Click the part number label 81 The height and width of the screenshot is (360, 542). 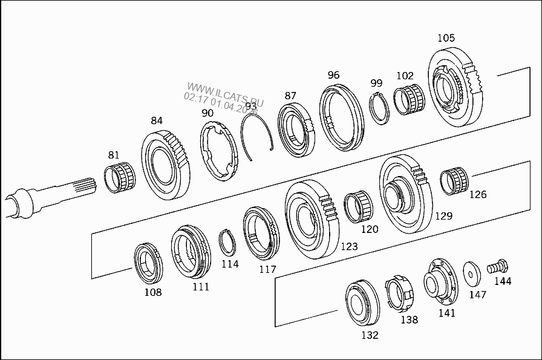click(114, 154)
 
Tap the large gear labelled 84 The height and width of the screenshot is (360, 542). click(165, 165)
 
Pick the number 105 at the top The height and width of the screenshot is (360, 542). click(446, 38)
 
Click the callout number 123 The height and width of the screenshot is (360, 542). click(349, 246)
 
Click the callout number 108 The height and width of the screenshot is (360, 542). click(153, 292)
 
